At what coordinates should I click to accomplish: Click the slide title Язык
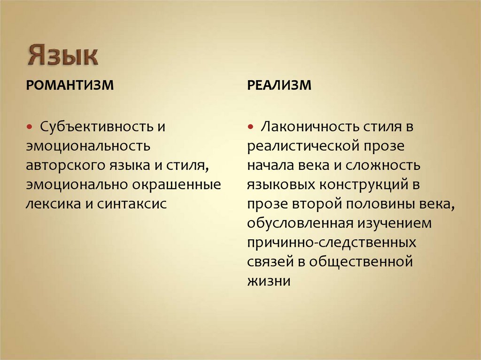pos(62,55)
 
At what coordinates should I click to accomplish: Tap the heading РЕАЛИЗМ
pos(279,86)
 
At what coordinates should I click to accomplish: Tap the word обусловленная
pos(296,223)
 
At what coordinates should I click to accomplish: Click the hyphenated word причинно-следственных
pos(332,242)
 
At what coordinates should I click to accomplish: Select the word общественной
pos(360,261)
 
